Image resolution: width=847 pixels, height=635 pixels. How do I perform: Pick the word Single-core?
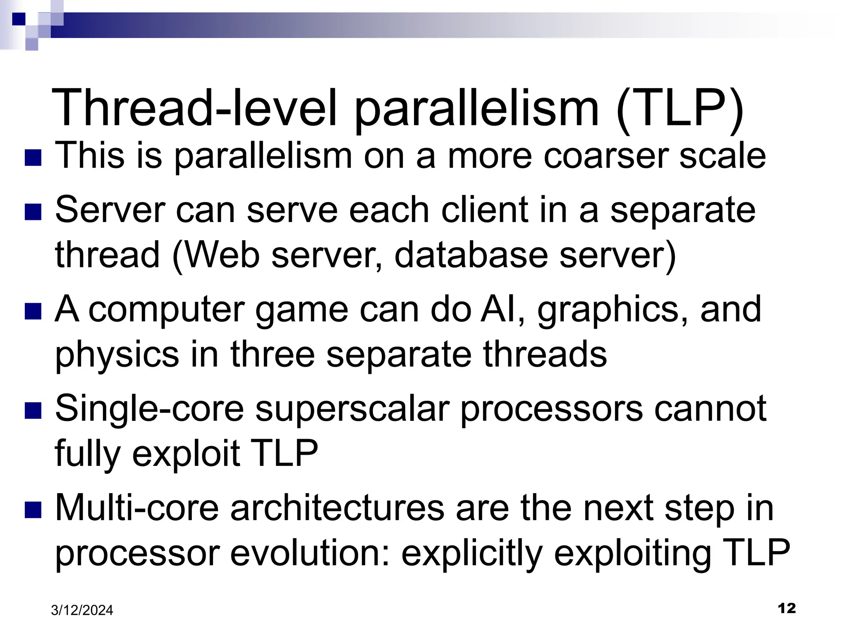[149, 409]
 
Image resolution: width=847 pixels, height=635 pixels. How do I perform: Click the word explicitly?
[471, 554]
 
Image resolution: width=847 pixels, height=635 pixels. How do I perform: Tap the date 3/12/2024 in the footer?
[82, 610]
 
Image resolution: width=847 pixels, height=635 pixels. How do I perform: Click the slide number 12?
[786, 608]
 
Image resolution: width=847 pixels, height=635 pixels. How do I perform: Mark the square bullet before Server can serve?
[33, 212]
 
